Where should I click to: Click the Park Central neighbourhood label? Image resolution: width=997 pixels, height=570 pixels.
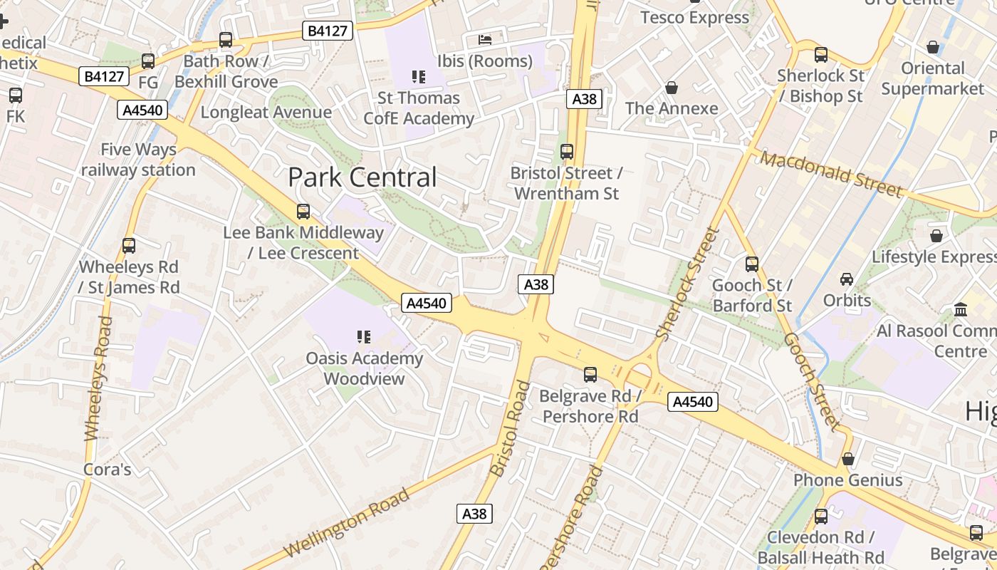point(362,177)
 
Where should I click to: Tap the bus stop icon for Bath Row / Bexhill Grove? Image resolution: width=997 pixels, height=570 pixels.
point(226,40)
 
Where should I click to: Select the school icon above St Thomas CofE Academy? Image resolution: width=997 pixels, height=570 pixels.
point(419,76)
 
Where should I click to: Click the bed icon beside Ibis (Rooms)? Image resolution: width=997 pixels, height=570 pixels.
point(485,39)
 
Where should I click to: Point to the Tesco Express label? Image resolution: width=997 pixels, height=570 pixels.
point(694,17)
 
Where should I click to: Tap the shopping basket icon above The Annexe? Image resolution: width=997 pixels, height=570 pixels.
point(671,88)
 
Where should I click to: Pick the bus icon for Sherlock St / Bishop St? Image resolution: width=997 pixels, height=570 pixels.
point(820,54)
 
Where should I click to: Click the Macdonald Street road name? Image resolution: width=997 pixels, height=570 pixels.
point(831,173)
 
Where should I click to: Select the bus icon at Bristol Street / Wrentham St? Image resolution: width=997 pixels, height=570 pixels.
point(567,152)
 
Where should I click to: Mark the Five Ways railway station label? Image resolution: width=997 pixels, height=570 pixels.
point(138,160)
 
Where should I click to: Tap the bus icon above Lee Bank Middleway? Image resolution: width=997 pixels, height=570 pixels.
point(303,211)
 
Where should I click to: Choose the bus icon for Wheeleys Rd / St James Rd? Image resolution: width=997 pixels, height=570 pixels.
point(129,246)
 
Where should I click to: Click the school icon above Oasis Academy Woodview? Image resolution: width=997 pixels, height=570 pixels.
point(364,337)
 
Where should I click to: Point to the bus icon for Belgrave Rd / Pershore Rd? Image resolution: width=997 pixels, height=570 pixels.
point(590,374)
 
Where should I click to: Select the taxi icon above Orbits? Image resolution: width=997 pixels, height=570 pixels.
point(847,279)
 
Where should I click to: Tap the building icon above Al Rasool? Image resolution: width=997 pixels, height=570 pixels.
point(961,310)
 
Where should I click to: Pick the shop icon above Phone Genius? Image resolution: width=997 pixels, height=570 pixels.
point(847,459)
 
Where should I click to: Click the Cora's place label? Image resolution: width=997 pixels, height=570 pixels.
point(108,470)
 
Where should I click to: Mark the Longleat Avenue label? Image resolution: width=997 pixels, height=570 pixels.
point(266,112)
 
